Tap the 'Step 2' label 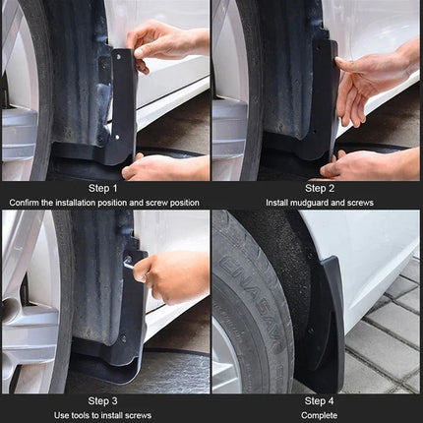point(319,188)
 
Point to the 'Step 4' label point(319,400)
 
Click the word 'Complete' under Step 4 point(319,414)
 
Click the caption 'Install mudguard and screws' point(319,202)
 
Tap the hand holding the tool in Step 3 point(175,275)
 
